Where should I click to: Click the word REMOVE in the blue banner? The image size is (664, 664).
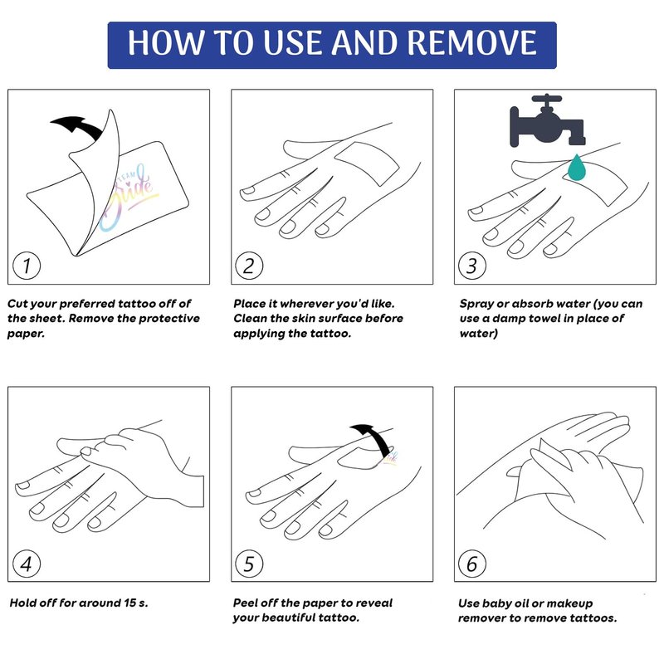click(x=472, y=43)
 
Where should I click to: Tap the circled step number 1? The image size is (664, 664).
click(x=27, y=266)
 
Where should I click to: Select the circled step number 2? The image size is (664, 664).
click(x=249, y=266)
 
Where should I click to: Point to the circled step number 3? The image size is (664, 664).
click(x=472, y=266)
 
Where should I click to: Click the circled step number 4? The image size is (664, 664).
click(x=27, y=564)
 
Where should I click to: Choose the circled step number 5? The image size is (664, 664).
click(x=249, y=564)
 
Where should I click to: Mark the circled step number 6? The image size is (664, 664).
click(x=472, y=564)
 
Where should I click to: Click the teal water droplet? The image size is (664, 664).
click(x=577, y=168)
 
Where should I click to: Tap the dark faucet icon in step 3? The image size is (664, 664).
click(x=548, y=120)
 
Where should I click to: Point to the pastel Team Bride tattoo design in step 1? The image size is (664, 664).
click(x=126, y=198)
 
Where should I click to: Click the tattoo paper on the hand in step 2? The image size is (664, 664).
click(x=367, y=164)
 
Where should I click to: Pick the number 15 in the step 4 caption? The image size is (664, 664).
click(x=129, y=603)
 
